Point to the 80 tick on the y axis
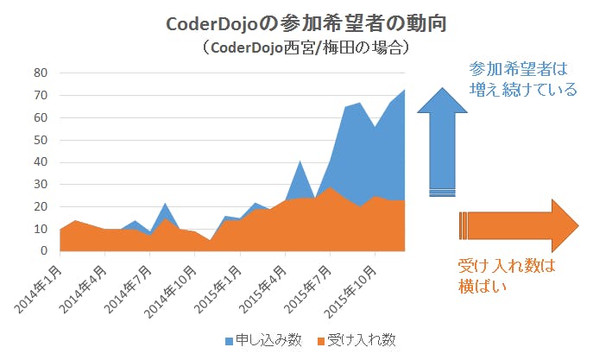tap(40, 73)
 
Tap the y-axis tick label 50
tap(40, 140)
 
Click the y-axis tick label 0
tap(43, 251)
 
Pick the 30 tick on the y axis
tap(40, 185)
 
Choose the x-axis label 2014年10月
tap(169, 286)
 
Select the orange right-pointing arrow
tap(518, 225)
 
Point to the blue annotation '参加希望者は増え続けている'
tap(522, 78)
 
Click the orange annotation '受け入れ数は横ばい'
tap(505, 276)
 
